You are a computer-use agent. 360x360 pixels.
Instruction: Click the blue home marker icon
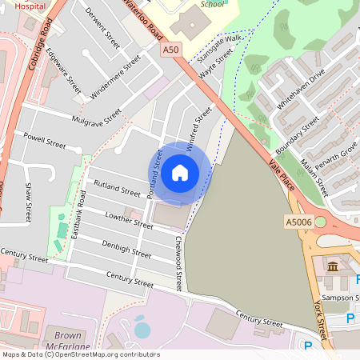click(x=180, y=173)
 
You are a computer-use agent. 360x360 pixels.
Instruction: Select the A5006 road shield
click(x=298, y=221)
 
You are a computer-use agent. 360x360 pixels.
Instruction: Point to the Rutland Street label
click(x=117, y=188)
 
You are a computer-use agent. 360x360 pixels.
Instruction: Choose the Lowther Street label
click(x=128, y=221)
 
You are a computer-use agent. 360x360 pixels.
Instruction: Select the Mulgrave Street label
click(x=96, y=117)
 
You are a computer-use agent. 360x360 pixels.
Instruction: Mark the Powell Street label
click(x=44, y=141)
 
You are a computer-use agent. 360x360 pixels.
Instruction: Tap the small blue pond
click(x=142, y=330)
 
